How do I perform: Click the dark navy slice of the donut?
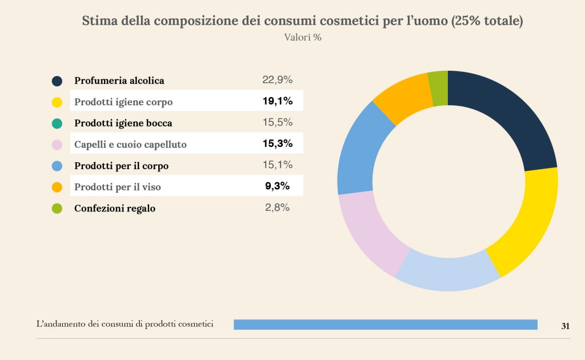coord(503,120)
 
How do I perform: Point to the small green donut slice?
coord(438,89)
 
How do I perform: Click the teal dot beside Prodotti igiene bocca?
coord(57,123)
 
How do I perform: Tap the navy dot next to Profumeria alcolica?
coord(57,81)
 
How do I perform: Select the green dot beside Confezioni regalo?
coord(57,209)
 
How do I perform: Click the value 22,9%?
coord(278,80)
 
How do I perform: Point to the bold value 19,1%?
coord(278,102)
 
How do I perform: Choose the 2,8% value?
coord(278,208)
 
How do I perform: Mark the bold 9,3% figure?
coord(278,186)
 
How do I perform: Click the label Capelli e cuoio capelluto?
coord(130,145)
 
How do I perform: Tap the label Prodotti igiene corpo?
coord(123,102)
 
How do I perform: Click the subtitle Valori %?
coord(303,38)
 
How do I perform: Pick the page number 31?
coord(566,326)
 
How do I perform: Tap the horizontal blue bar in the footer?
coord(386,325)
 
